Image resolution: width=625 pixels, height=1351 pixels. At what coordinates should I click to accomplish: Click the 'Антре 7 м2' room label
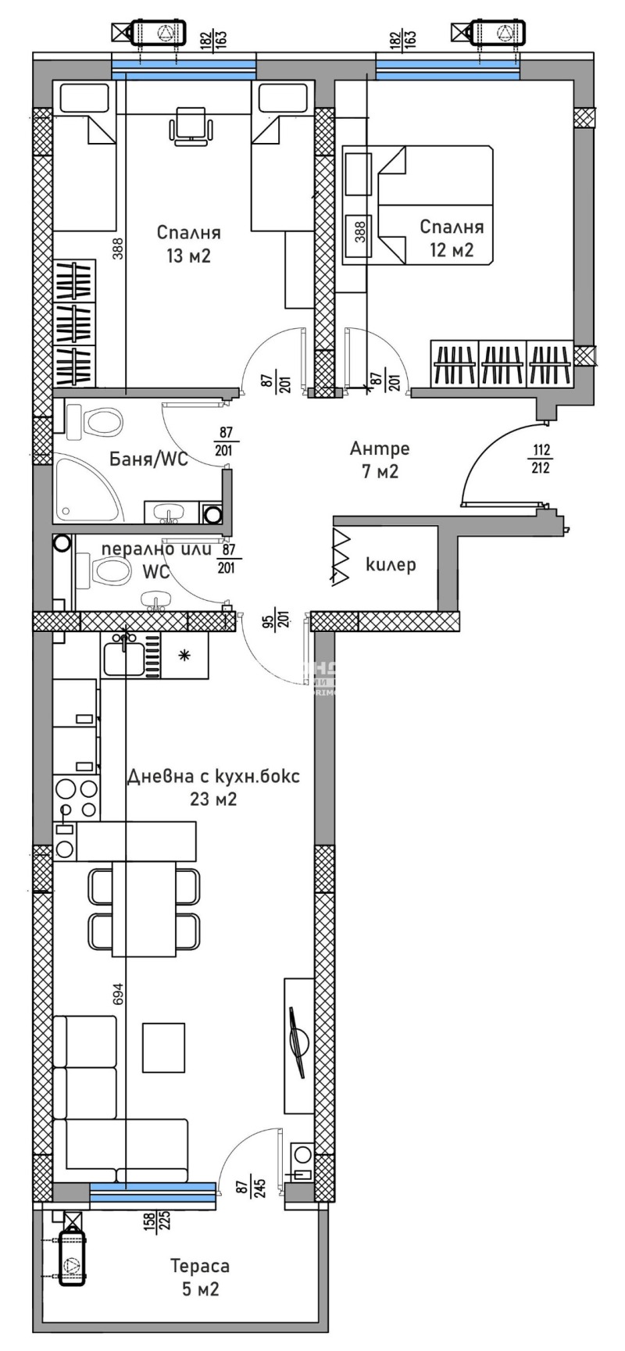point(380,460)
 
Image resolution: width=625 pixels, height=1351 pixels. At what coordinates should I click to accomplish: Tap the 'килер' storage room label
point(391,564)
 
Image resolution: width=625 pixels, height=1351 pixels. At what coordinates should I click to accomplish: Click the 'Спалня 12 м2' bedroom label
point(452,238)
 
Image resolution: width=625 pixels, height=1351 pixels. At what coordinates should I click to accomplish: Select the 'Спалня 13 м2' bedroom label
point(188,244)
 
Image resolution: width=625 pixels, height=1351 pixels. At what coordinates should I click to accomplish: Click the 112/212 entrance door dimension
point(541,459)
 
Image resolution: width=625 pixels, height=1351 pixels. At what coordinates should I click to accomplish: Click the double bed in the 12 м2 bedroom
point(434,205)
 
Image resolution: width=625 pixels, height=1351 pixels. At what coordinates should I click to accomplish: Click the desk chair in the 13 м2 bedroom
point(191,125)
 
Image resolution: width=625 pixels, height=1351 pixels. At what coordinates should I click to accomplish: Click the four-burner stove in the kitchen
point(76,798)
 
